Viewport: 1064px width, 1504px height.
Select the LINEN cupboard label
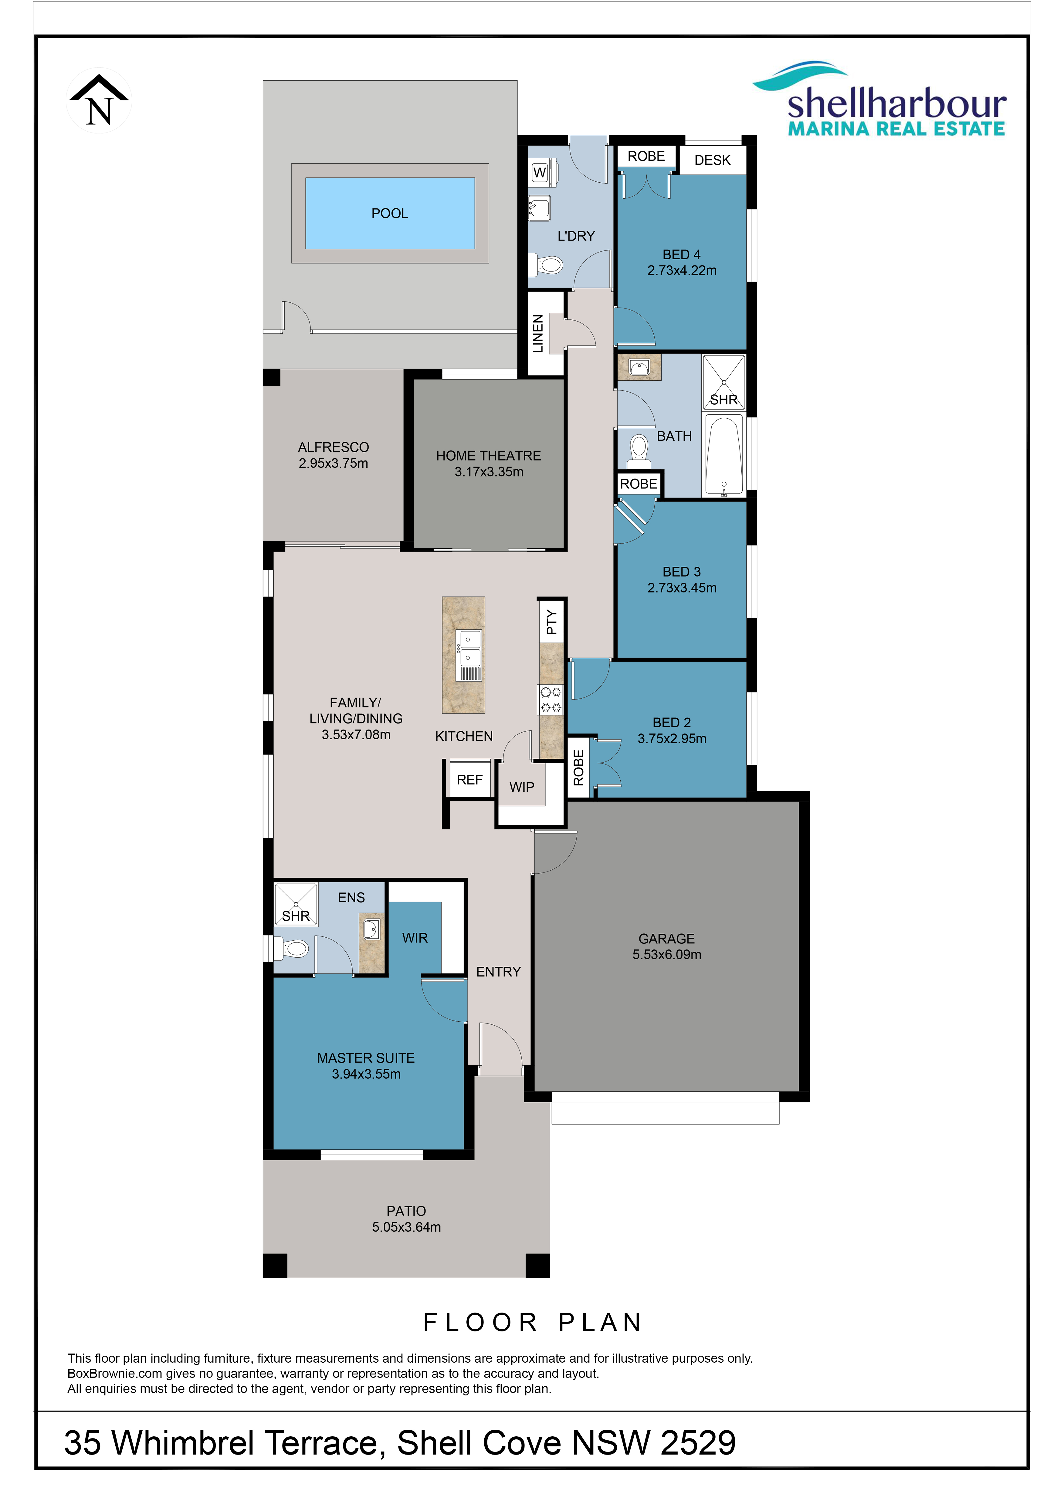click(538, 333)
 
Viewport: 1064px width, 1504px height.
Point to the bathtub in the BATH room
click(723, 454)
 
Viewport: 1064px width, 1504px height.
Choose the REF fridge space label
click(469, 780)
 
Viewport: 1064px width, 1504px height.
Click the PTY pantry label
click(552, 622)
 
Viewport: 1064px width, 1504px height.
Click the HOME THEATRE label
click(489, 455)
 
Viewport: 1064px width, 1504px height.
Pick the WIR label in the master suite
click(415, 938)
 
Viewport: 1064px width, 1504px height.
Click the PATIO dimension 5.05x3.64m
click(406, 1227)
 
